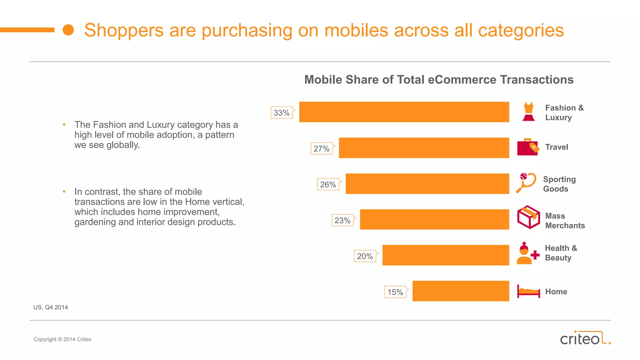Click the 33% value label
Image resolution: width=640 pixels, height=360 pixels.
tap(282, 113)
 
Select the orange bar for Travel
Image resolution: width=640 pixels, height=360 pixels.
tap(424, 148)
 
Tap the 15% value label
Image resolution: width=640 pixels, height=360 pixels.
tap(395, 292)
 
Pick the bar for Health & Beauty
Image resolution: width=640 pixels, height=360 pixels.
tap(446, 255)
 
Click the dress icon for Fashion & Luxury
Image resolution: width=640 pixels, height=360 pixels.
tap(528, 112)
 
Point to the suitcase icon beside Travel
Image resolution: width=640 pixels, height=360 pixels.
tap(527, 147)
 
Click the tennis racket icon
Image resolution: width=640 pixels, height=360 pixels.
tap(526, 183)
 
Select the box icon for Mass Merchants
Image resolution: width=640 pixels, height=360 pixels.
tap(528, 217)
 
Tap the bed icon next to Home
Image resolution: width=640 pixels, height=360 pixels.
tap(528, 292)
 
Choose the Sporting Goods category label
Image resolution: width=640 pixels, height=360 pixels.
tap(559, 184)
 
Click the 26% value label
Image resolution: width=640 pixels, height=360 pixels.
tap(328, 185)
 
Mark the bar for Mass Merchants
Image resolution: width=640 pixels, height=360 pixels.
tap(434, 219)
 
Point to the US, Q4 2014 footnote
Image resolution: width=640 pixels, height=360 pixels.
tap(51, 307)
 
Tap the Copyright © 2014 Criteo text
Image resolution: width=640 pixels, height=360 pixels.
tap(62, 339)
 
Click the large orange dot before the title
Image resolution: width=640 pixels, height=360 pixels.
tap(68, 30)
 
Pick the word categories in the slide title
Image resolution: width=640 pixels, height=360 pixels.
tap(521, 31)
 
